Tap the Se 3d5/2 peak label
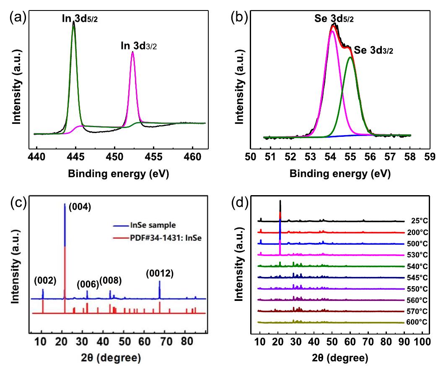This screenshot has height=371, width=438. (x=329, y=19)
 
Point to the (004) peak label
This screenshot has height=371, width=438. (x=78, y=207)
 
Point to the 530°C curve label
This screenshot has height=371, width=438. (x=416, y=255)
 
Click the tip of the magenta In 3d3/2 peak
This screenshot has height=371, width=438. (x=133, y=52)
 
